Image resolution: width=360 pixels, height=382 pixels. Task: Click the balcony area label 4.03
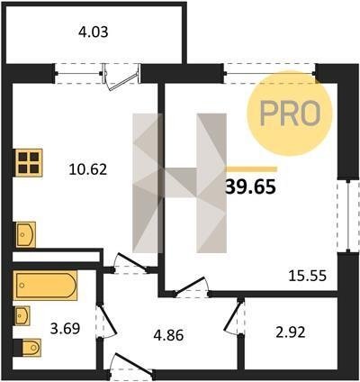coord(93,32)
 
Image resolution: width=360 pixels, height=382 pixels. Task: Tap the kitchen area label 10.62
coord(87,169)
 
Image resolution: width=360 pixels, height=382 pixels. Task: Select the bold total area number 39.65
coord(250,186)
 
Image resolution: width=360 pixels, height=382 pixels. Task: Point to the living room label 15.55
coord(307,276)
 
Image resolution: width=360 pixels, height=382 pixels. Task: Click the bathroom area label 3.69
coord(65,329)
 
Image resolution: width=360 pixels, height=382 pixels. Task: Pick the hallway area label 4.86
coord(168,335)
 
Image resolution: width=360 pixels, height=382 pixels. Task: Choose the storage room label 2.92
coord(291,332)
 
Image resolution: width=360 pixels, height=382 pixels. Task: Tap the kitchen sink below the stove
coord(26,234)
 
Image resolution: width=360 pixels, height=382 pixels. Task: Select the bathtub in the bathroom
coord(45,286)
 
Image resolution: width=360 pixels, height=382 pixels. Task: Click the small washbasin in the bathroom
coord(22,315)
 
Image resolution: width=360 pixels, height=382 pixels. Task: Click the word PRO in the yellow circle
coord(290,113)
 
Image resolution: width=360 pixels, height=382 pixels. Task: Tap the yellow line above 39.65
coord(251,169)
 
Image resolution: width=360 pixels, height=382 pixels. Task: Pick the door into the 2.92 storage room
coord(235,316)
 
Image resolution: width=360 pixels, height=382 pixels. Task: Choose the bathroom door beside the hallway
coord(105,321)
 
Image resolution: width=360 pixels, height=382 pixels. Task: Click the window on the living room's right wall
coord(348,216)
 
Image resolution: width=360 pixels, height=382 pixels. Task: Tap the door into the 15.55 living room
coord(191,286)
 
